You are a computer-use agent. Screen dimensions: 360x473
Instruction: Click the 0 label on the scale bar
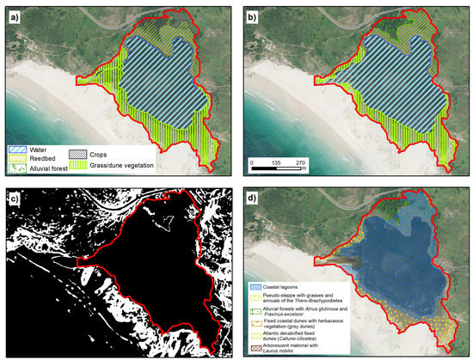(x=252, y=161)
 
